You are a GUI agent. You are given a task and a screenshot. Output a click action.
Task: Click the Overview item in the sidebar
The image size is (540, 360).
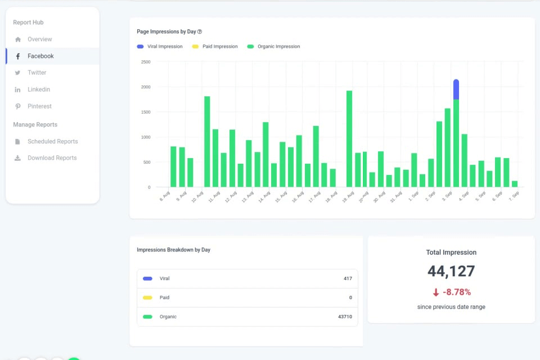39,39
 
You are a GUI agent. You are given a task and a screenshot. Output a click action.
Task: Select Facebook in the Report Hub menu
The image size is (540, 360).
40,56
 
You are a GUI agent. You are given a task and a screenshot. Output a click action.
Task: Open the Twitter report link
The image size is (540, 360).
37,73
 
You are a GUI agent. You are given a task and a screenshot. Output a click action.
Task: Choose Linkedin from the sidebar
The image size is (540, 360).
39,89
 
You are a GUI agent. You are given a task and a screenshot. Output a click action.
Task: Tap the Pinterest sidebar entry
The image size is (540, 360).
39,106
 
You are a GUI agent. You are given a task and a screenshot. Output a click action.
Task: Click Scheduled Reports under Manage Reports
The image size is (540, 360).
52,142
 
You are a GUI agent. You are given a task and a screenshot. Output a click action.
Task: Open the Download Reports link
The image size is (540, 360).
52,158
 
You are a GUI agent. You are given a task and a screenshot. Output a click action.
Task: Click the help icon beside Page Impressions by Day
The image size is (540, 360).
200,32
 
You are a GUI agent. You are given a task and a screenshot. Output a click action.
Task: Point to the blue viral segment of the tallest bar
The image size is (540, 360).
456,89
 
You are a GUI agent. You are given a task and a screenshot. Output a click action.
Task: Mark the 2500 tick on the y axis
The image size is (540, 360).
145,62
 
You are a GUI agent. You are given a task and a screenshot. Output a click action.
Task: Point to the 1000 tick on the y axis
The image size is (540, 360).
145,137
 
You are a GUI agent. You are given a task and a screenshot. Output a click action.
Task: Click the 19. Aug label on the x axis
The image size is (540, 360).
349,196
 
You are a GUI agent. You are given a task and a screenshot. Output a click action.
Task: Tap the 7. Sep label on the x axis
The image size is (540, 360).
514,196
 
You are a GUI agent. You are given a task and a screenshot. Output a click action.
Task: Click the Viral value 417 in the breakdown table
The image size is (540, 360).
348,279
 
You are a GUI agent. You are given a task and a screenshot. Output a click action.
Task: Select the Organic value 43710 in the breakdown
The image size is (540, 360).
345,317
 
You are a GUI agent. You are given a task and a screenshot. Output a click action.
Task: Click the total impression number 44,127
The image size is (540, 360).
451,272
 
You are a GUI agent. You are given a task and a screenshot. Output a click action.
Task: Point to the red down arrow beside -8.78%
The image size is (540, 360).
436,292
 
